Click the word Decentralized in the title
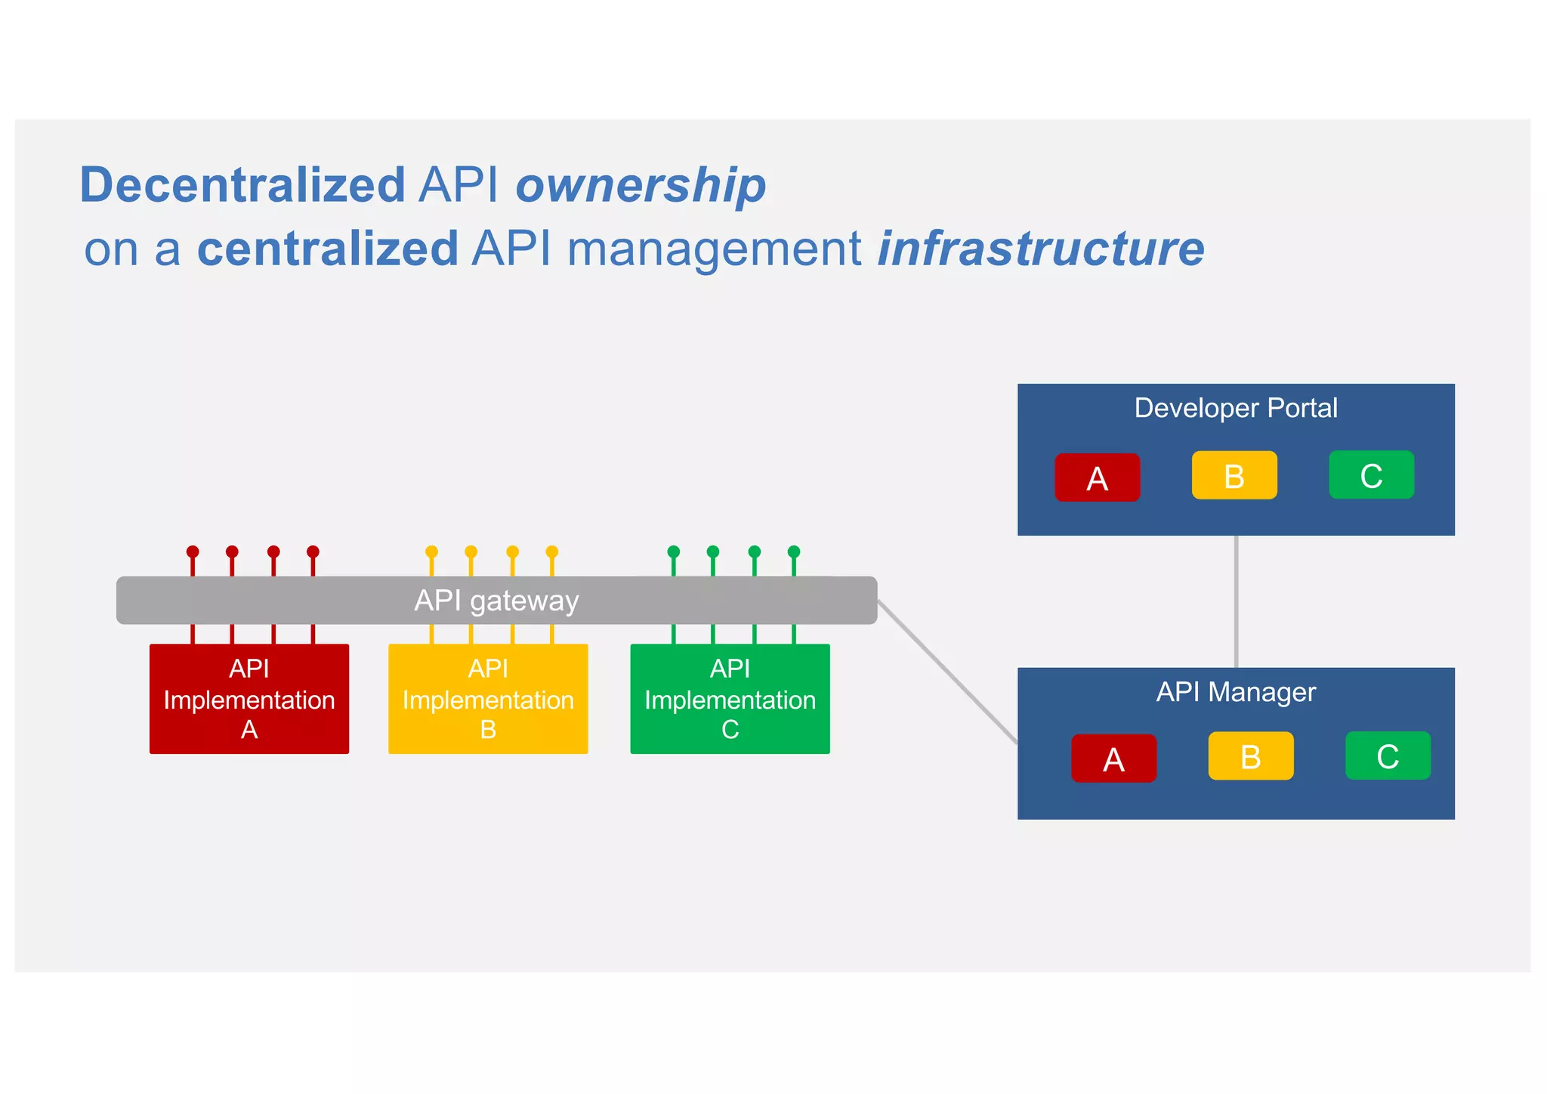(x=242, y=186)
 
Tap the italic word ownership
(x=641, y=186)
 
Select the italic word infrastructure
(x=1041, y=249)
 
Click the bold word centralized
(x=327, y=249)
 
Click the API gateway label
(x=496, y=601)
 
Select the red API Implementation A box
(x=249, y=699)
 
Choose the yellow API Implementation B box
(x=488, y=699)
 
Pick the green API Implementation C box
(x=730, y=699)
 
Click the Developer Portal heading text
(x=1236, y=408)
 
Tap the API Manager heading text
(x=1236, y=692)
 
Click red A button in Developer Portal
(x=1097, y=477)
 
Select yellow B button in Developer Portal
(x=1234, y=475)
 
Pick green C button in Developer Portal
(x=1371, y=474)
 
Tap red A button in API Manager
(x=1113, y=758)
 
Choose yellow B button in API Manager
(x=1250, y=756)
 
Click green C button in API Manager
(x=1388, y=756)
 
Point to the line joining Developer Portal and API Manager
(x=1236, y=601)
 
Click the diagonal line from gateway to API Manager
(x=948, y=672)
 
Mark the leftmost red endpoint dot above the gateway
(x=193, y=552)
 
